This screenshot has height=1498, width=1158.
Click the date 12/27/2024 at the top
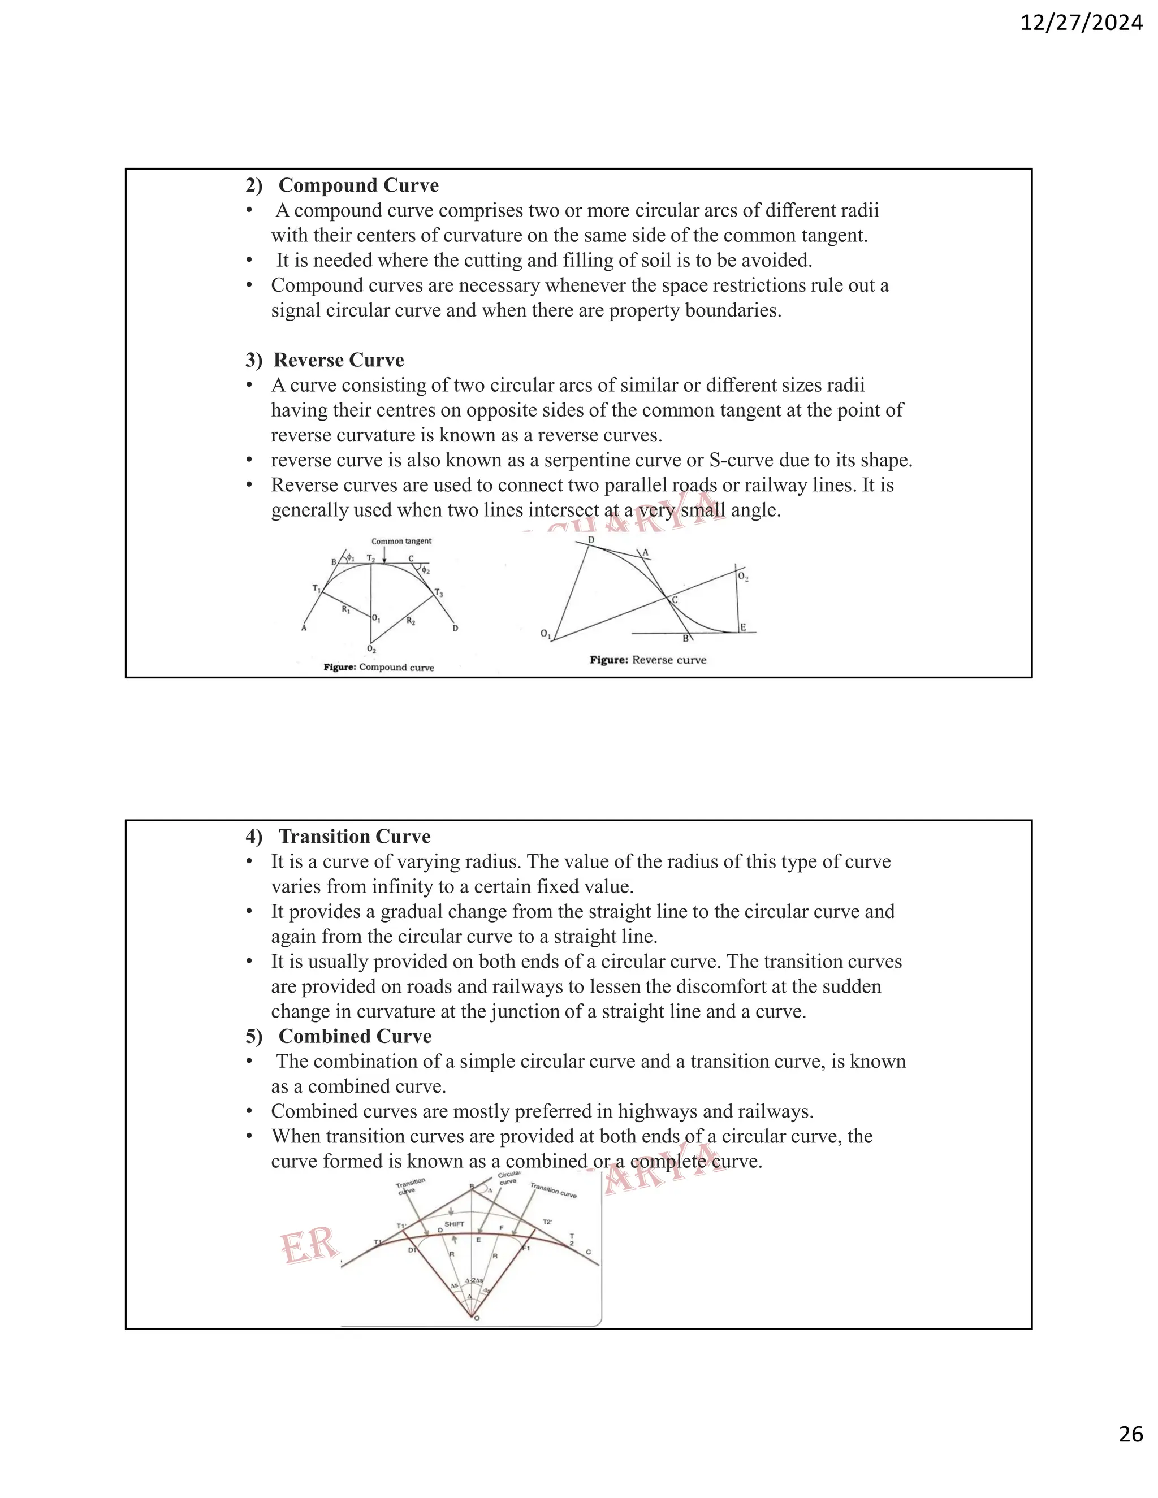click(x=1081, y=23)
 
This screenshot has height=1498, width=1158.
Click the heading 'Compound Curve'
click(x=358, y=185)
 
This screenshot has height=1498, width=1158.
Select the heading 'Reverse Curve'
click(x=338, y=360)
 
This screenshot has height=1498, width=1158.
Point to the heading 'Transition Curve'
click(x=354, y=836)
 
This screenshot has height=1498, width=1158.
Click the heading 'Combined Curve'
click(x=355, y=1036)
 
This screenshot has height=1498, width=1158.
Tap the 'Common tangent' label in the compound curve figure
click(x=401, y=541)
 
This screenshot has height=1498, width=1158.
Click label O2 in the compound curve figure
click(x=371, y=649)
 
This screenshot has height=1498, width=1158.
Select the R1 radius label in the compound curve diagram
click(x=347, y=609)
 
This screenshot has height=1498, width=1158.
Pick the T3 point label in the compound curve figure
click(x=438, y=592)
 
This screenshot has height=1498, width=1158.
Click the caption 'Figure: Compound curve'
click(x=379, y=668)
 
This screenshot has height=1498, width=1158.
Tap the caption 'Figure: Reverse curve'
click(x=647, y=660)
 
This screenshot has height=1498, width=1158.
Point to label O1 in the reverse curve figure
click(x=546, y=634)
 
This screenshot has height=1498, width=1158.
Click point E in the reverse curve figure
click(x=743, y=627)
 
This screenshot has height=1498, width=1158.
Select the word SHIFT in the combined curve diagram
click(x=454, y=1224)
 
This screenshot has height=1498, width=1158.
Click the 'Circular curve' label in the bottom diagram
click(x=508, y=1177)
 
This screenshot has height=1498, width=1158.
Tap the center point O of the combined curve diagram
click(x=477, y=1318)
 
